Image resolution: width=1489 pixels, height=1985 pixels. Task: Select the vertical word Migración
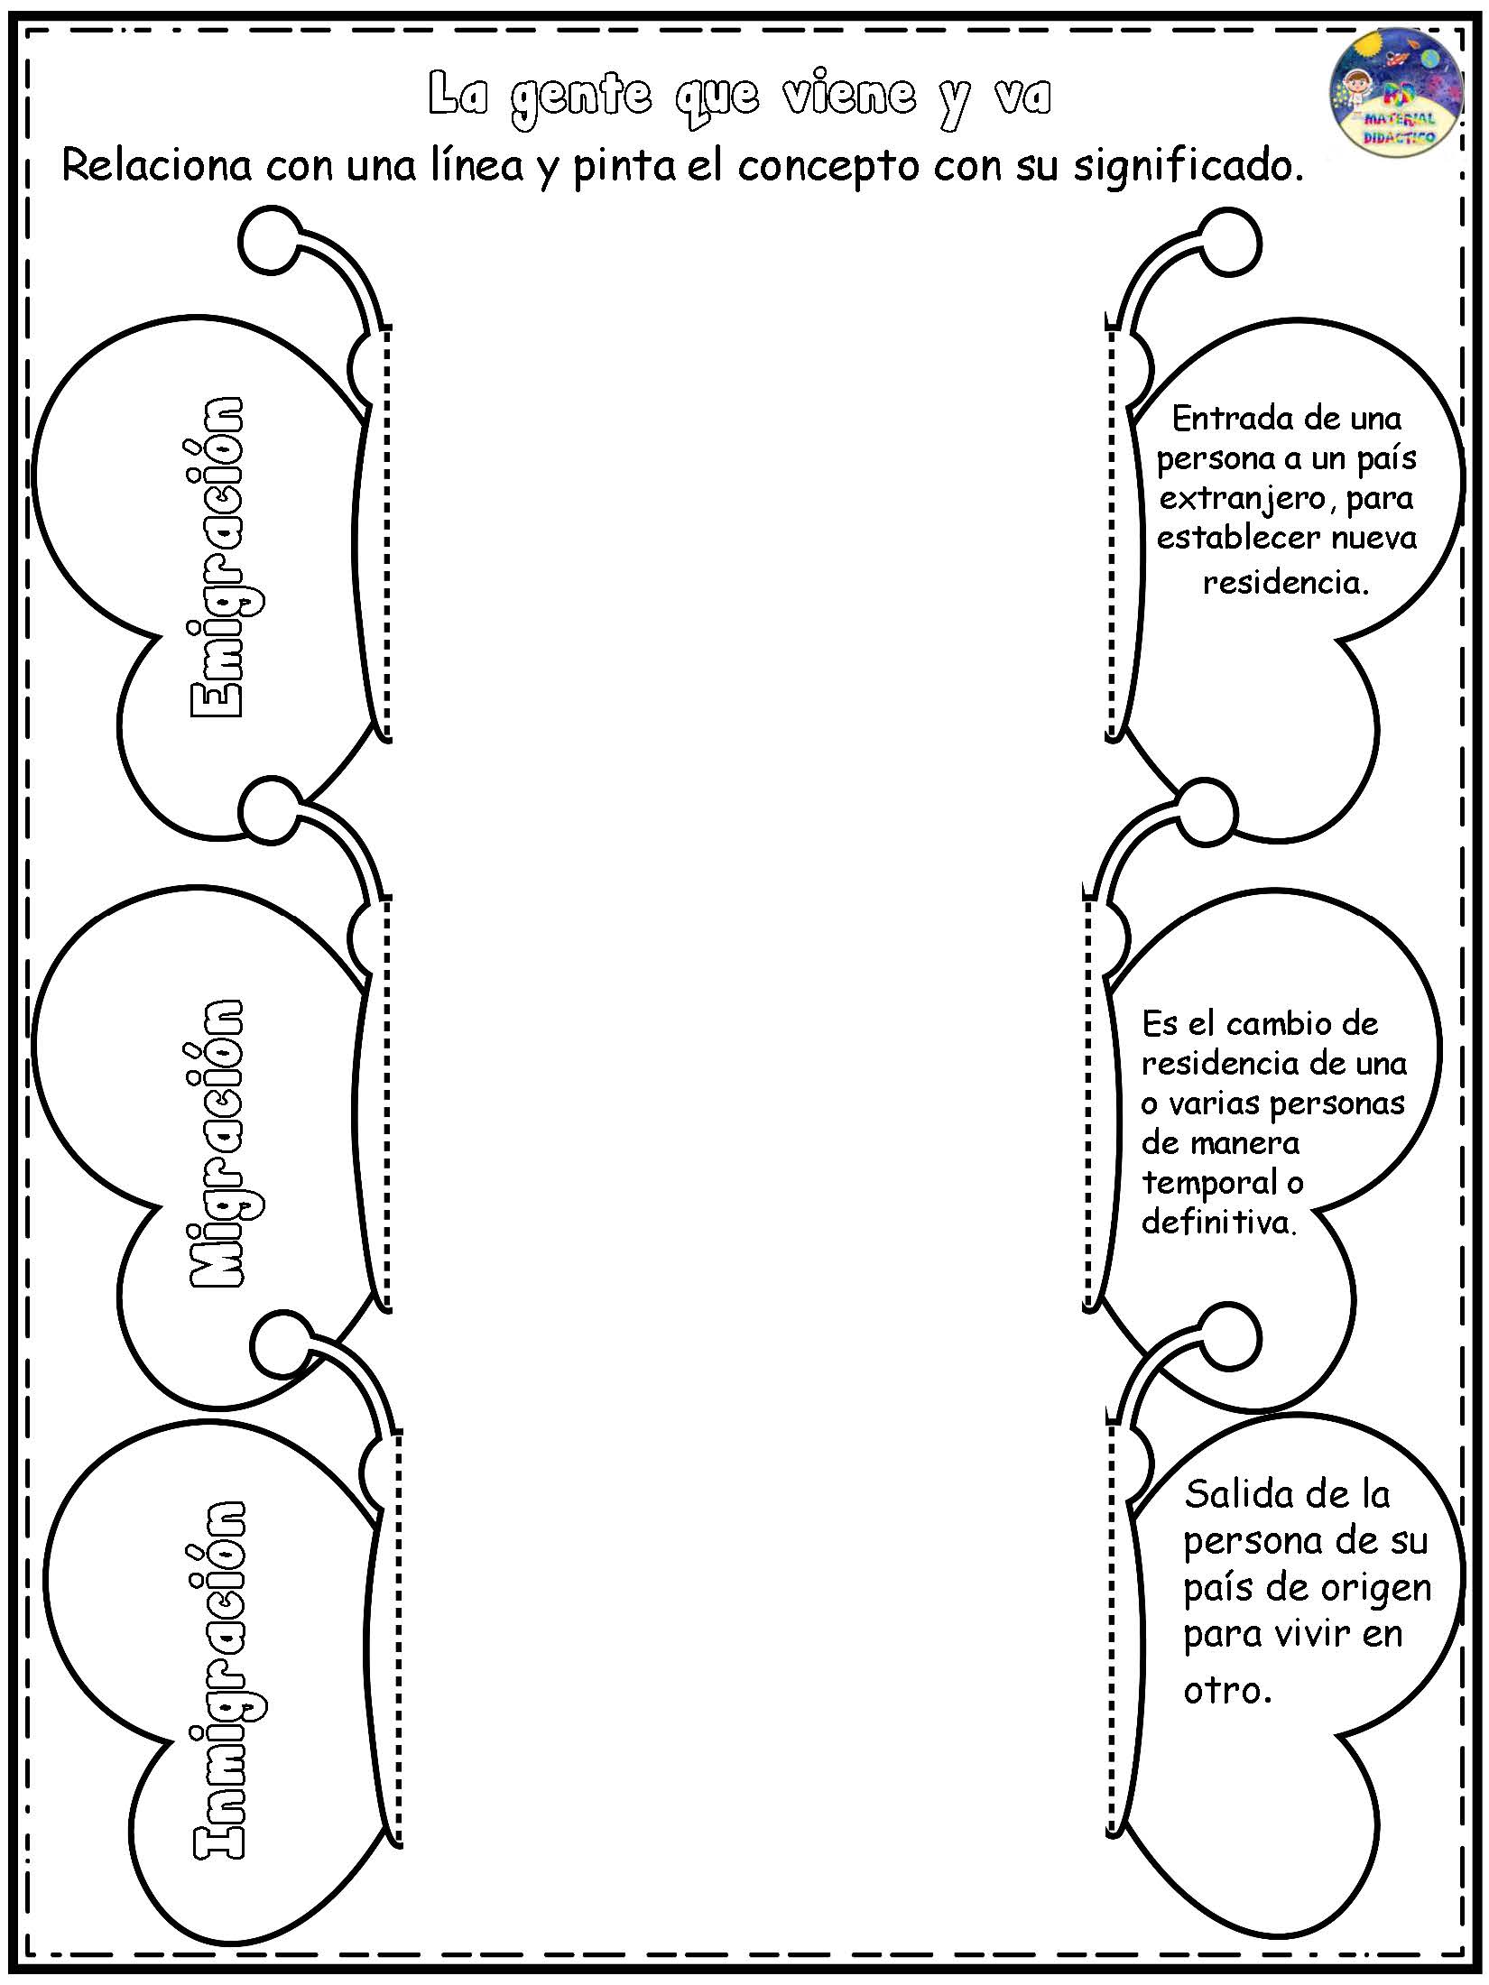coord(217,1143)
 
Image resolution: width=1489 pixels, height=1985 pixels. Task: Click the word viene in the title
coord(849,96)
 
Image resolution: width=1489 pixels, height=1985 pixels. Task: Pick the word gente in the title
coord(580,97)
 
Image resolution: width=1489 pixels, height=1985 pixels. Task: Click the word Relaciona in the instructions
coord(156,166)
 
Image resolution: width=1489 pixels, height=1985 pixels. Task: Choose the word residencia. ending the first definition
coord(1286,582)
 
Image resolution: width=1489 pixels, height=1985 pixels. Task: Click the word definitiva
coord(1218,1223)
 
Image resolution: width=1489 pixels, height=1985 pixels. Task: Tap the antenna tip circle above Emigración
coord(270,242)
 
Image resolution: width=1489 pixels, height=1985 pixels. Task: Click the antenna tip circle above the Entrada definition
coord(1229,242)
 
